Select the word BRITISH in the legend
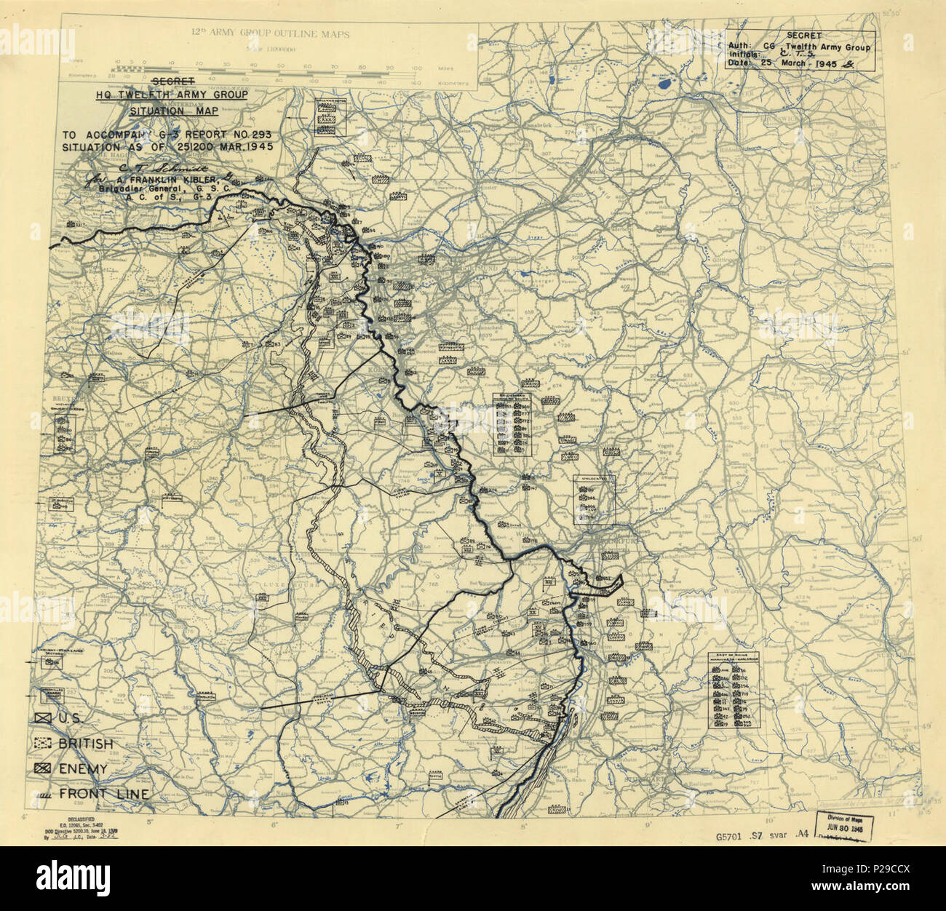(86, 744)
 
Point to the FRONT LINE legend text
(104, 794)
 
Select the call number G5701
(734, 835)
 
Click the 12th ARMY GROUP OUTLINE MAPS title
(269, 33)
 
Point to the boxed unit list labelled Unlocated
(594, 500)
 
